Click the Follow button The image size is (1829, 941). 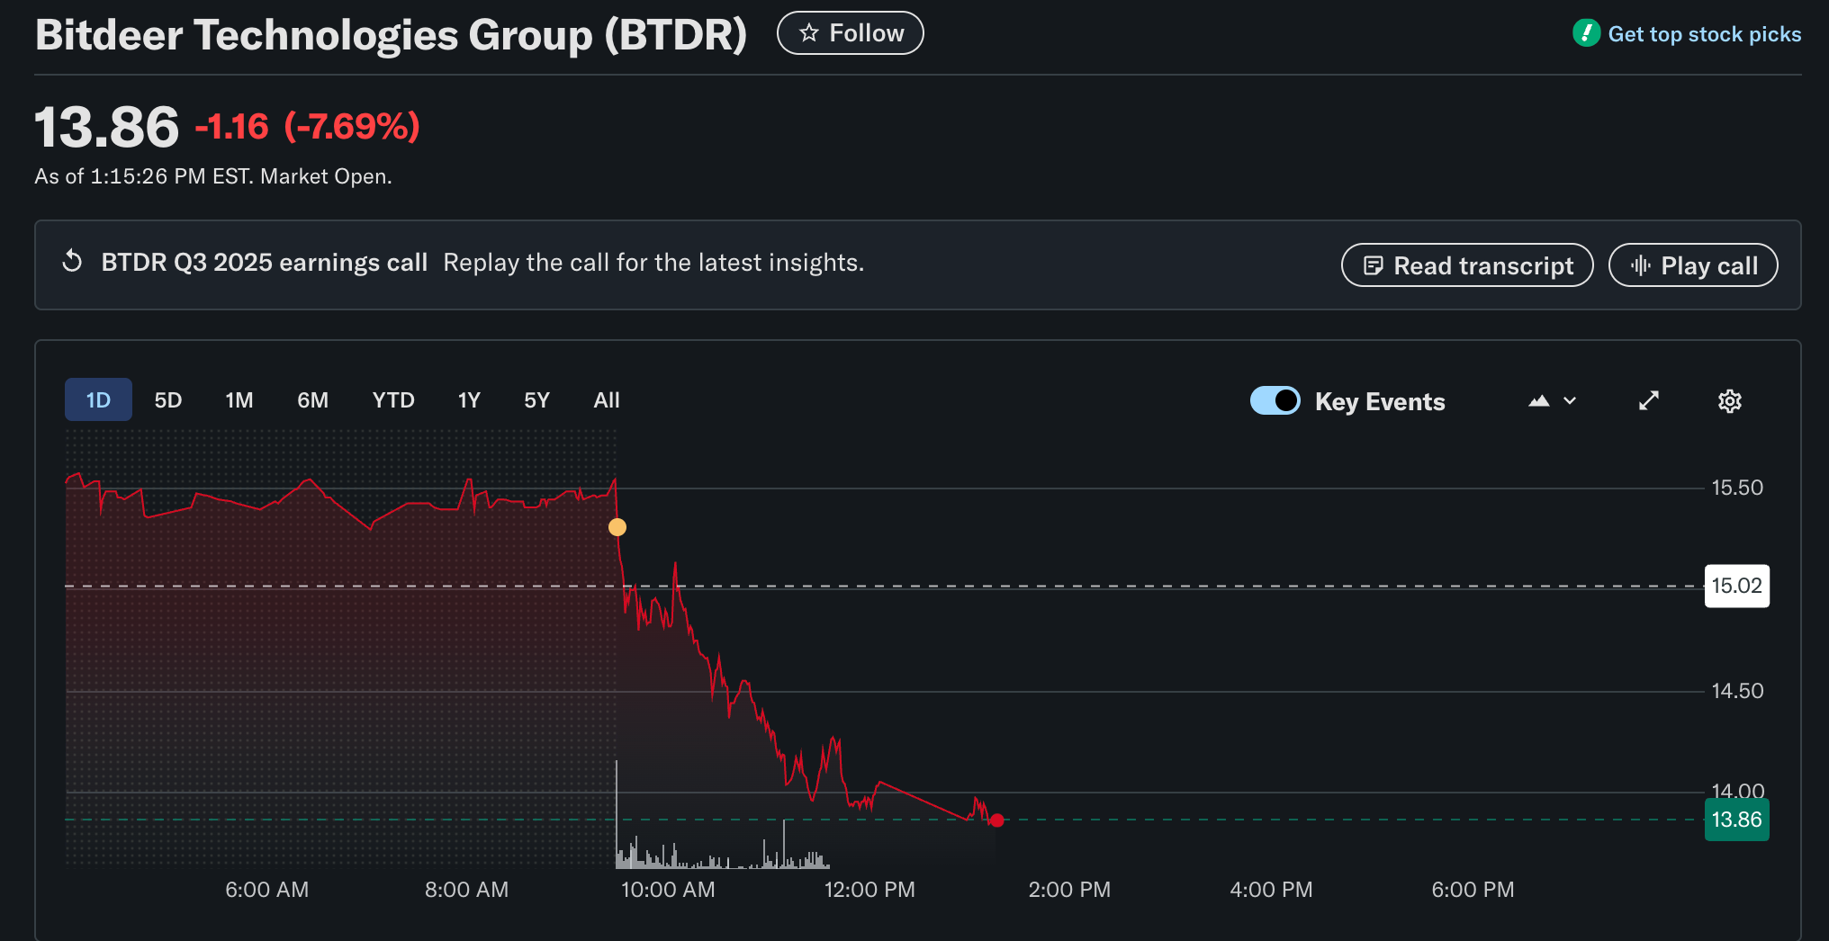[x=850, y=33]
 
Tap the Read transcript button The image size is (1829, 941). [x=1466, y=265]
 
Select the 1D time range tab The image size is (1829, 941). [x=98, y=400]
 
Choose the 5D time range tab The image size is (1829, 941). [x=168, y=400]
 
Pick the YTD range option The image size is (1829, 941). [x=393, y=400]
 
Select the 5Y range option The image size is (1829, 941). [x=536, y=400]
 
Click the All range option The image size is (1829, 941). [x=607, y=400]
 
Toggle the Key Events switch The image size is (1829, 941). [x=1275, y=400]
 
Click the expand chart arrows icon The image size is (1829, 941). [x=1648, y=400]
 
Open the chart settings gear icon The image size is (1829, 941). [x=1729, y=401]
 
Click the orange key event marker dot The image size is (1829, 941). [x=617, y=527]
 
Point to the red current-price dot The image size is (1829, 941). [x=996, y=820]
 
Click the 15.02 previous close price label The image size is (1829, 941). [x=1736, y=586]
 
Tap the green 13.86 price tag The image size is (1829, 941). [x=1736, y=820]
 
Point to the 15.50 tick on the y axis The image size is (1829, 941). [x=1736, y=488]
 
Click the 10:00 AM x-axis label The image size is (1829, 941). [x=668, y=890]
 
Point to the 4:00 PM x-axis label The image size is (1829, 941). [x=1271, y=890]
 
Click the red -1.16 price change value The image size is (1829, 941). [x=231, y=127]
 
